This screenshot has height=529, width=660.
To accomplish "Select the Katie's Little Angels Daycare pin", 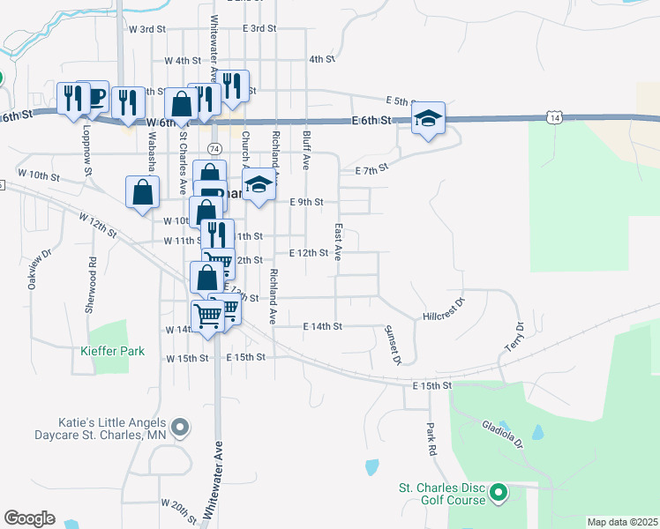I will (181, 428).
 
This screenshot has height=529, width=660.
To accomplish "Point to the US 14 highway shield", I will (553, 117).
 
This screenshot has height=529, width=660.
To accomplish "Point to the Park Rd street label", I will (431, 438).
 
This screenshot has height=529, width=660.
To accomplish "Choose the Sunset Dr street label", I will (393, 345).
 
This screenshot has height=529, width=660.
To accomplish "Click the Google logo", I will (29, 518).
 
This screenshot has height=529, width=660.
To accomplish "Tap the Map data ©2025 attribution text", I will (622, 522).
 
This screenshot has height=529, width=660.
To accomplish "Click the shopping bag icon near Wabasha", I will (143, 191).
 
